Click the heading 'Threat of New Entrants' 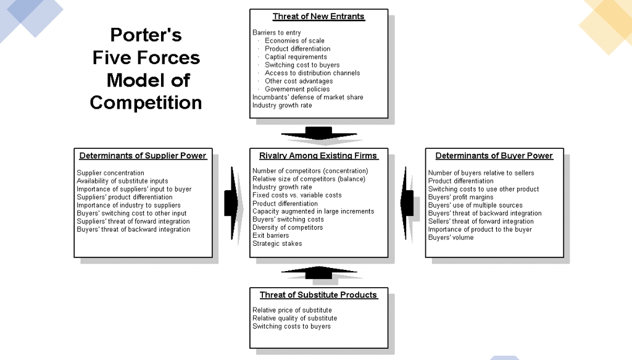pos(318,17)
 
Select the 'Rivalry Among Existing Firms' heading pos(318,156)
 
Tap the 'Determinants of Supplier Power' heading pos(143,156)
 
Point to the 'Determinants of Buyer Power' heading pos(494,156)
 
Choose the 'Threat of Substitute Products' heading pos(318,295)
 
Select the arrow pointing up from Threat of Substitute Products pos(318,272)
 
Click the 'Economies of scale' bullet pos(294,41)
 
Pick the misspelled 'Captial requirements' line pos(296,57)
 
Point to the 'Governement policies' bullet pos(297,89)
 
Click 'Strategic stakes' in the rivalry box pos(277,243)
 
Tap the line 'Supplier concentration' pos(110,173)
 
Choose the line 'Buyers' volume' pos(451,237)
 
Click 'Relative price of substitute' pos(292,310)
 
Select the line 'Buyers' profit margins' pos(460,197)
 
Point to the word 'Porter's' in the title pos(146,35)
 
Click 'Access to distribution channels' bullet pos(312,73)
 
